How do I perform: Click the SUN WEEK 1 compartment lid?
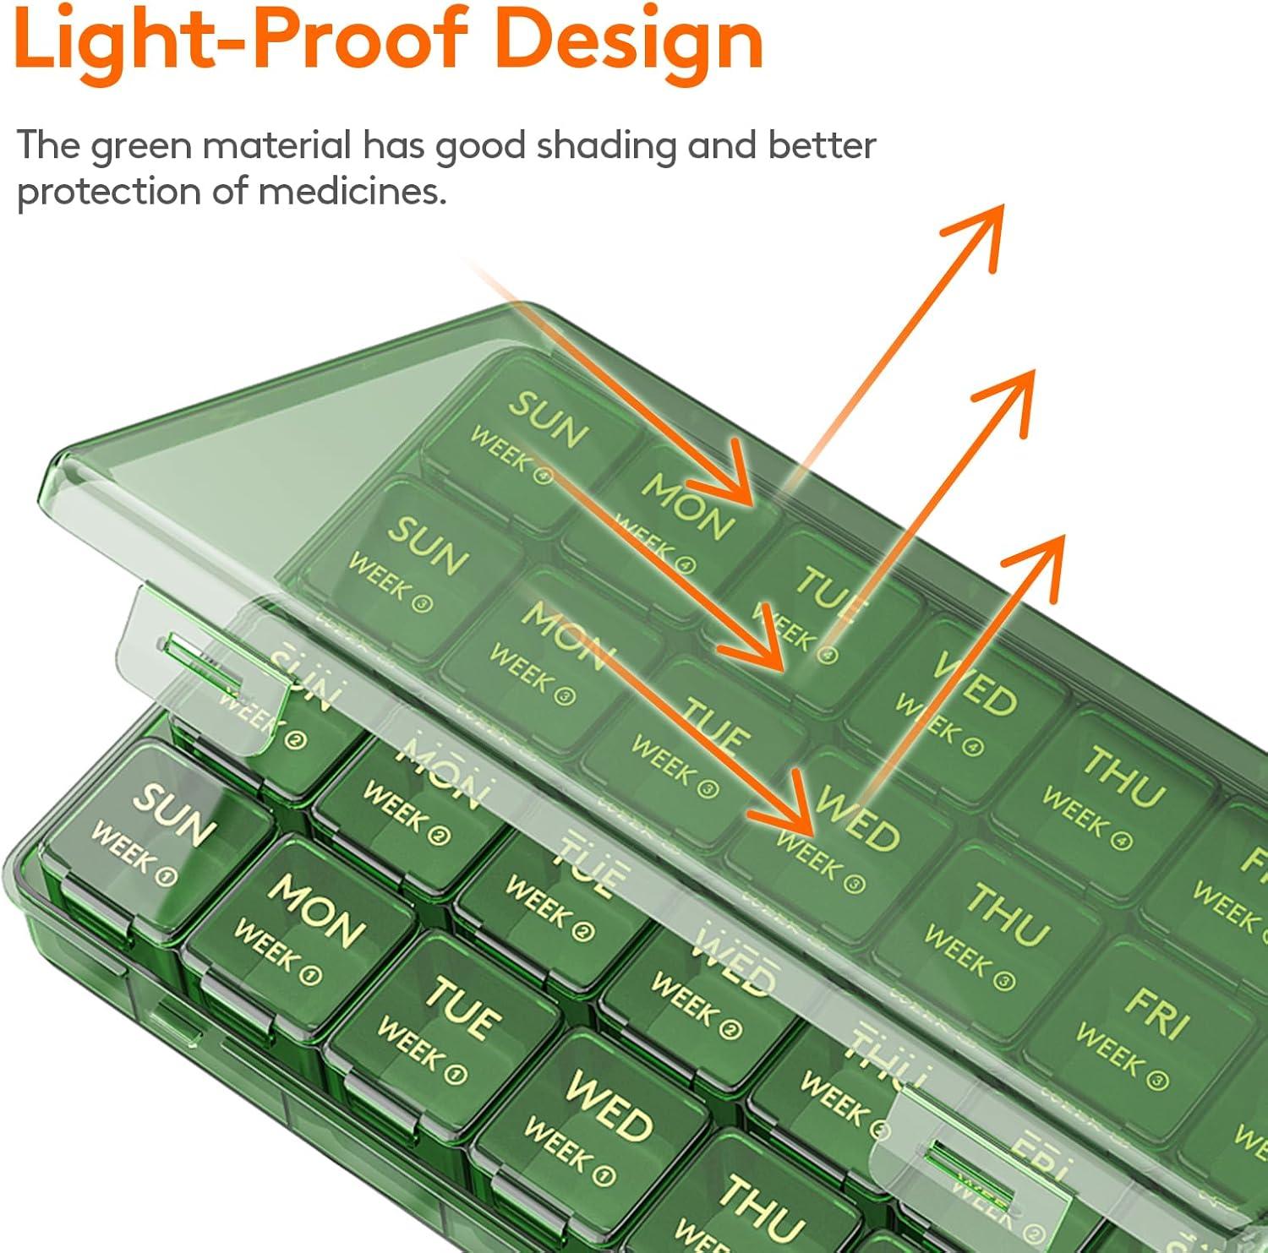coord(156,832)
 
